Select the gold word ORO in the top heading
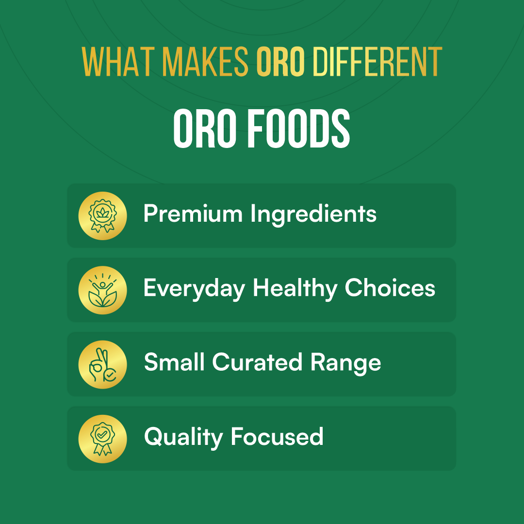point(280,62)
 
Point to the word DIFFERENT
point(377,62)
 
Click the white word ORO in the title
point(205,128)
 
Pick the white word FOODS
point(298,128)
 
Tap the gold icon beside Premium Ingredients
point(102,216)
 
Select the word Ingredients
point(313,214)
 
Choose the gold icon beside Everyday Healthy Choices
point(102,290)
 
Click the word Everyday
point(194,289)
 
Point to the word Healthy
point(295,289)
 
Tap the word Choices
point(390,287)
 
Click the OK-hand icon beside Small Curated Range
point(102,364)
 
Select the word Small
point(174,362)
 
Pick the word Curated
point(257,362)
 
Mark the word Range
point(345,363)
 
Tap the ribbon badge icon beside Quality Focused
point(102,439)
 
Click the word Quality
point(183,438)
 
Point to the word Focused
point(277,437)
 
